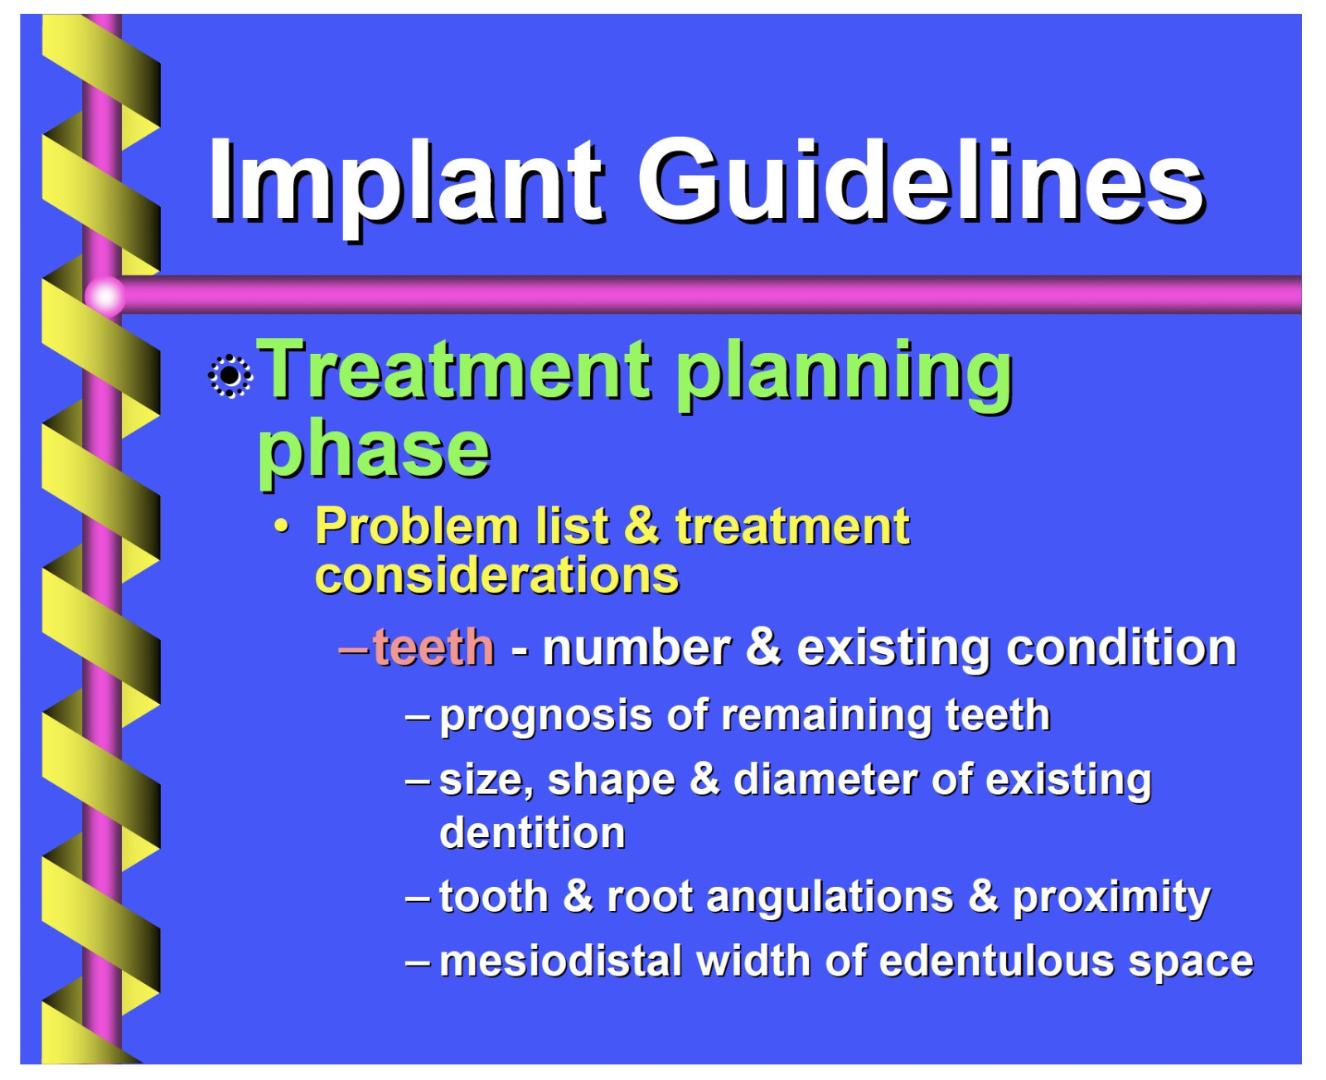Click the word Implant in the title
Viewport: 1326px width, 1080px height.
pyautogui.click(x=407, y=186)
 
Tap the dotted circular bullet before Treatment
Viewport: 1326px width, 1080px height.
pyautogui.click(x=230, y=376)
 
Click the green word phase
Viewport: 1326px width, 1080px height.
pyautogui.click(x=374, y=452)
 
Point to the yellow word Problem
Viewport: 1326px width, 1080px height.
pyautogui.click(x=417, y=527)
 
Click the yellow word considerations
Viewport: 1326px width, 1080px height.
pyautogui.click(x=497, y=575)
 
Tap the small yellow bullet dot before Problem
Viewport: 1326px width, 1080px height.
pyautogui.click(x=282, y=526)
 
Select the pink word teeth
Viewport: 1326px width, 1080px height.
pyautogui.click(x=433, y=647)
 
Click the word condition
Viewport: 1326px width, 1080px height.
pyautogui.click(x=1121, y=647)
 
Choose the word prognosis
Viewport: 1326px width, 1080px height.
pyautogui.click(x=546, y=716)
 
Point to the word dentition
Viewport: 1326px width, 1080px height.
pyautogui.click(x=532, y=833)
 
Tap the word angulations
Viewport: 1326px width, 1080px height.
pyautogui.click(x=830, y=898)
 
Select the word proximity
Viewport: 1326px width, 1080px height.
pyautogui.click(x=1111, y=898)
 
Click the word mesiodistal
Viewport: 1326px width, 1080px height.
pyautogui.click(x=561, y=961)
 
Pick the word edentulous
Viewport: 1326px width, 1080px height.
pyautogui.click(x=996, y=961)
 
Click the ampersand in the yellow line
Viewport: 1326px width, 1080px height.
pyautogui.click(x=641, y=526)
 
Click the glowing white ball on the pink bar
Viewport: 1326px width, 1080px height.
pyautogui.click(x=104, y=295)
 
